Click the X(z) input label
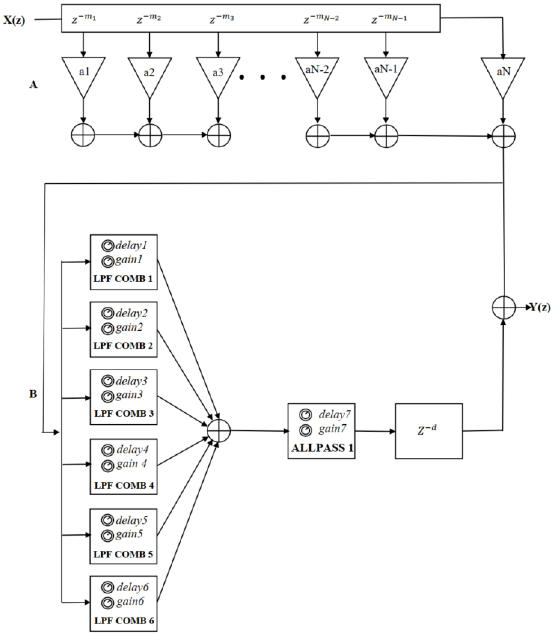14,20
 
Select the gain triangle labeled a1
83,74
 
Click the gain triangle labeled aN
503,74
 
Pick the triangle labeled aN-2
317,74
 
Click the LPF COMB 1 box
124,262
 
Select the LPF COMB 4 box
124,467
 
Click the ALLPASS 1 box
321,431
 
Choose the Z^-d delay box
429,431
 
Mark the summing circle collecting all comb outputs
219,431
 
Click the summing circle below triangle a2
150,135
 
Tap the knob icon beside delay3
107,381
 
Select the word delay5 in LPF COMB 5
132,521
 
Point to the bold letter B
33,394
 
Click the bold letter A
33,85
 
